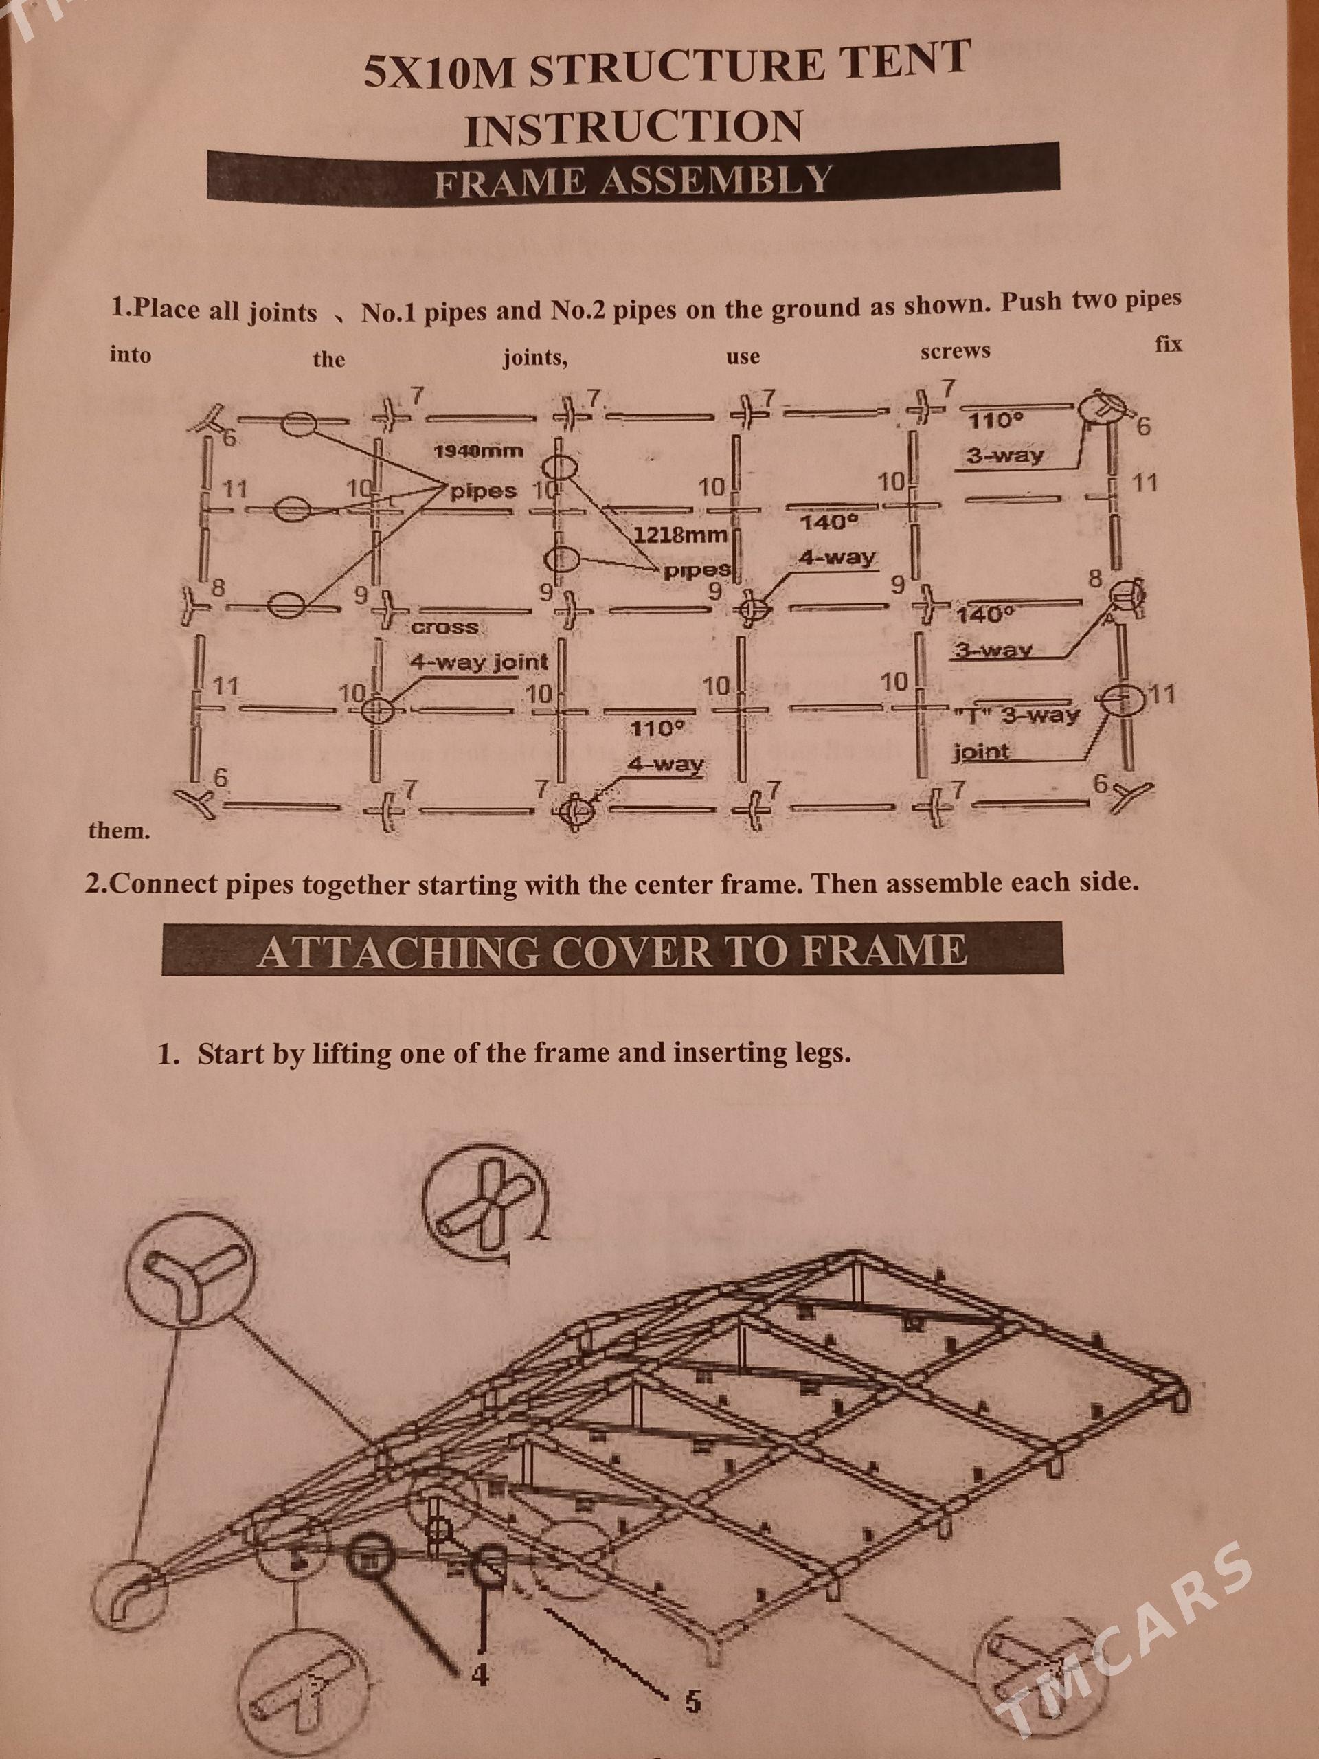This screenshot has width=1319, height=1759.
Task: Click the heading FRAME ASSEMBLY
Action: tap(633, 182)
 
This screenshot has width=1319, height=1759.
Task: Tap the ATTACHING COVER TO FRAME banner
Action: tap(612, 949)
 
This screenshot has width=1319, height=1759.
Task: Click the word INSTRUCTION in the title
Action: tap(633, 127)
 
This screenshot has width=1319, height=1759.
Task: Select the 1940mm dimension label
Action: tap(479, 451)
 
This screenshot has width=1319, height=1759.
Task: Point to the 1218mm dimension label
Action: tap(681, 535)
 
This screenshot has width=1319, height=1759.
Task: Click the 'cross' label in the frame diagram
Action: tap(444, 627)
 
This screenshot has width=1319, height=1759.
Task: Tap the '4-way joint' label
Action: tap(480, 661)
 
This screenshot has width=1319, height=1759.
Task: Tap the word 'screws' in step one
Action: tap(955, 350)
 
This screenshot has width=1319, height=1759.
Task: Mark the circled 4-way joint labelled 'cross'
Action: tap(374, 708)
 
